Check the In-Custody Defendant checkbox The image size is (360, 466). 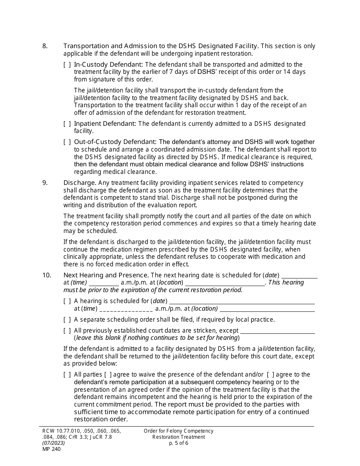click(x=67, y=64)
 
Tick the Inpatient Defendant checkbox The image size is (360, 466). click(x=67, y=124)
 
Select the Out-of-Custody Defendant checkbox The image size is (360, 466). click(x=67, y=142)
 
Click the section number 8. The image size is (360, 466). click(x=45, y=46)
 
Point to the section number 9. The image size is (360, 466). click(x=45, y=183)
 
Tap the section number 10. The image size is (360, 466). click(x=46, y=275)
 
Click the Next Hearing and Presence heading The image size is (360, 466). click(x=106, y=275)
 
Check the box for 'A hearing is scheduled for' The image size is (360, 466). click(x=67, y=301)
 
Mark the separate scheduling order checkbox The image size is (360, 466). click(x=67, y=320)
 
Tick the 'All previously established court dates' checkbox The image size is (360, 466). click(x=67, y=331)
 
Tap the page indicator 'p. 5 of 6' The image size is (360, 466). click(x=178, y=443)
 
